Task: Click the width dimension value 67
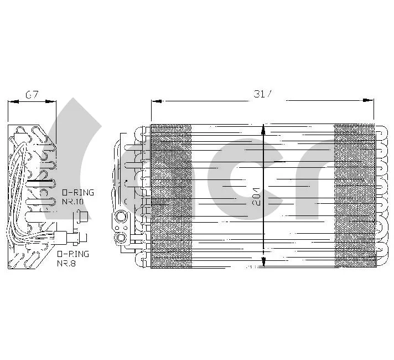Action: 32,95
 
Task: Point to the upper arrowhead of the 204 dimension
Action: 263,128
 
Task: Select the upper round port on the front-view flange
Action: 120,217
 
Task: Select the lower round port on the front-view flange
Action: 120,238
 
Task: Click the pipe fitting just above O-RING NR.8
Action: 75,238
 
